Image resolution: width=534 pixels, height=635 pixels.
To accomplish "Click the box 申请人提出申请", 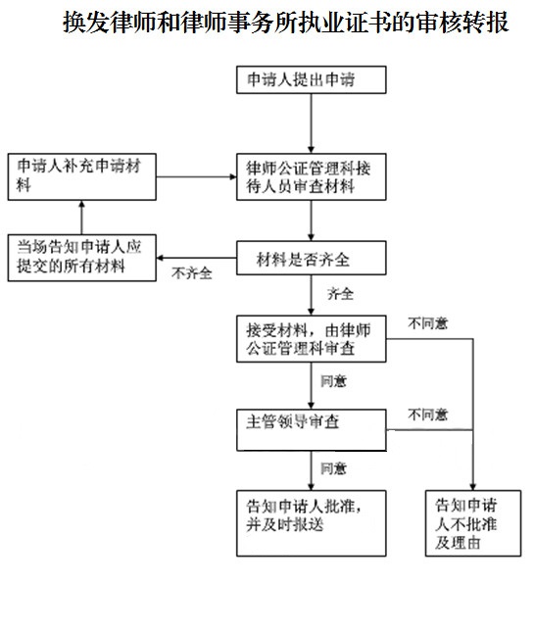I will coord(310,81).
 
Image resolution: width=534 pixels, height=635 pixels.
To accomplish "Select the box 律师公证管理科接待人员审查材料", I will coord(310,176).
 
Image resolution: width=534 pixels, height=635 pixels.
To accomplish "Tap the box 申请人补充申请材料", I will coord(81,176).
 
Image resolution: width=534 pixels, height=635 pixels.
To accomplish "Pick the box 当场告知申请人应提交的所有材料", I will coord(81,257).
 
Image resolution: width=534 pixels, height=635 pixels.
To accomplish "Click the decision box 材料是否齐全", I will coord(310,258).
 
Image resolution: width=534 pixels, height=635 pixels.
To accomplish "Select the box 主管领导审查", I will coord(310,421).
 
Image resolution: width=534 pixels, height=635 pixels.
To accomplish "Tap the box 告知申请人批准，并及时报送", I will coord(310,515).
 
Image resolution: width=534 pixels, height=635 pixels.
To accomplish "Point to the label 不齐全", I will coord(192,273).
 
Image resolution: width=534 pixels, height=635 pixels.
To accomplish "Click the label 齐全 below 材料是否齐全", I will coord(339,293).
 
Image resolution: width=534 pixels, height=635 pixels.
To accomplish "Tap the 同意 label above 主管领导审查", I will coord(333,379).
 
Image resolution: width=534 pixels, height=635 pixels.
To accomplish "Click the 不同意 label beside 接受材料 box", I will coord(428,321).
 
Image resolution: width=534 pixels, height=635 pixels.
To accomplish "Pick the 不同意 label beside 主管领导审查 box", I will coord(428,412).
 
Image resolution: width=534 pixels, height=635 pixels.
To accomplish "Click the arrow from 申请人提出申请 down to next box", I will coord(311,125).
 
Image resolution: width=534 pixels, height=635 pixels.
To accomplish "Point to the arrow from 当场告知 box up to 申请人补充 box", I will coord(82,217).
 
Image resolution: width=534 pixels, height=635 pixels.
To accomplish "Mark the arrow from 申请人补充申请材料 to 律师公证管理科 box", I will coord(197,177).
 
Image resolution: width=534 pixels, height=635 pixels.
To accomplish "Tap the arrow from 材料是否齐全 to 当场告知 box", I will coord(197,256).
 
